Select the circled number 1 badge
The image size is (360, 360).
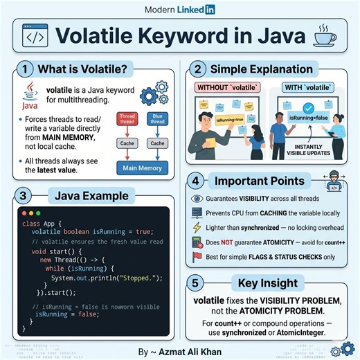[26, 70]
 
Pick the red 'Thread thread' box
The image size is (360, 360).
[127, 120]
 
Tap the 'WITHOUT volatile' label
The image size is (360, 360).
[224, 88]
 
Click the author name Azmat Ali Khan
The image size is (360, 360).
[190, 352]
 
